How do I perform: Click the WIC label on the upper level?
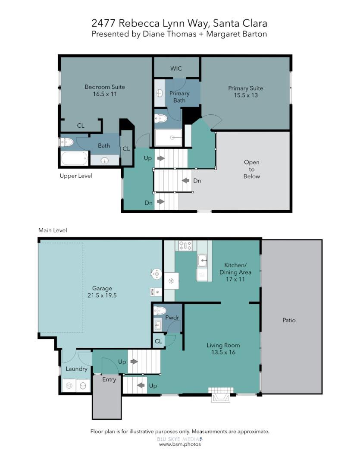176,69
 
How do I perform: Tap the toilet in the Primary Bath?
161,118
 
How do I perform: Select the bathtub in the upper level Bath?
75,158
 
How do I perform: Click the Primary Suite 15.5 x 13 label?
245,91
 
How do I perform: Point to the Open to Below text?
252,169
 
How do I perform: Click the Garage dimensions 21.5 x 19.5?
102,296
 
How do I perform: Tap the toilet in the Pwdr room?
160,310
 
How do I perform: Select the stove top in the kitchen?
185,246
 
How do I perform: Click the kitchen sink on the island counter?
203,260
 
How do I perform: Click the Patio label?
289,320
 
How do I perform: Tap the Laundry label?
76,369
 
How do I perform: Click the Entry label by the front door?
109,380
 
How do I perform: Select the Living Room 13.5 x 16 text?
223,349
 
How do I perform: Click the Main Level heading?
53,230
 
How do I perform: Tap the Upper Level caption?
76,176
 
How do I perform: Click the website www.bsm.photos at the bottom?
180,444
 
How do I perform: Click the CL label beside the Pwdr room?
158,341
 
